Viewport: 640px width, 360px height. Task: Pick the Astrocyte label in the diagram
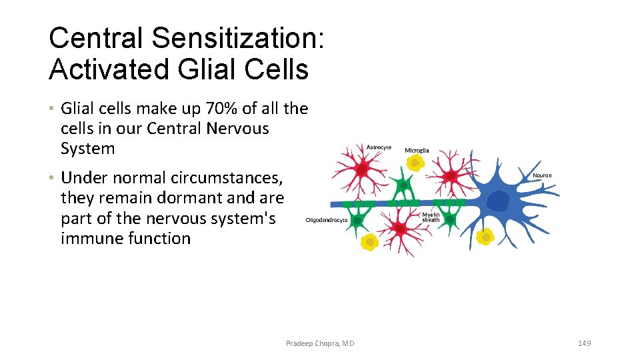tap(379, 147)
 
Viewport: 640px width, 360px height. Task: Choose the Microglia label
tap(417, 151)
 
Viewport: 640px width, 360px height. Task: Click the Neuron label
tap(542, 175)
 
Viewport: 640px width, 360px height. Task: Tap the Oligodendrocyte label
tap(327, 220)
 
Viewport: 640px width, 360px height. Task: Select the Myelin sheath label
tap(431, 217)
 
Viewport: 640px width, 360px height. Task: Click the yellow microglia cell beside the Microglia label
tap(415, 163)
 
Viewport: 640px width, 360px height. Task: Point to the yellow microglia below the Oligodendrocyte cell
tap(369, 243)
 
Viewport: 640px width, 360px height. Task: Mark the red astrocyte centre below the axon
tap(399, 228)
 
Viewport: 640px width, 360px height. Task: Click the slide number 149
tap(584, 343)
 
